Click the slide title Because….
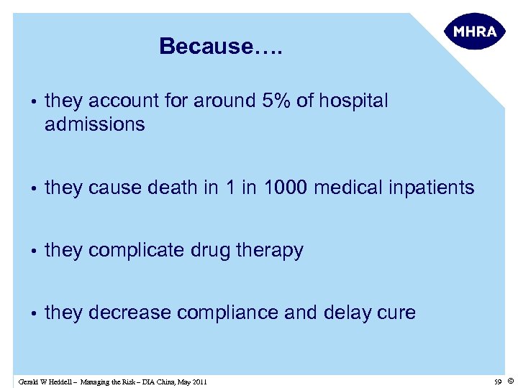click(x=221, y=47)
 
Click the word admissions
click(x=94, y=125)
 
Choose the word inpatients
click(x=432, y=188)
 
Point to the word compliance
click(x=223, y=313)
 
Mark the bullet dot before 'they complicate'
click(x=34, y=251)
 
